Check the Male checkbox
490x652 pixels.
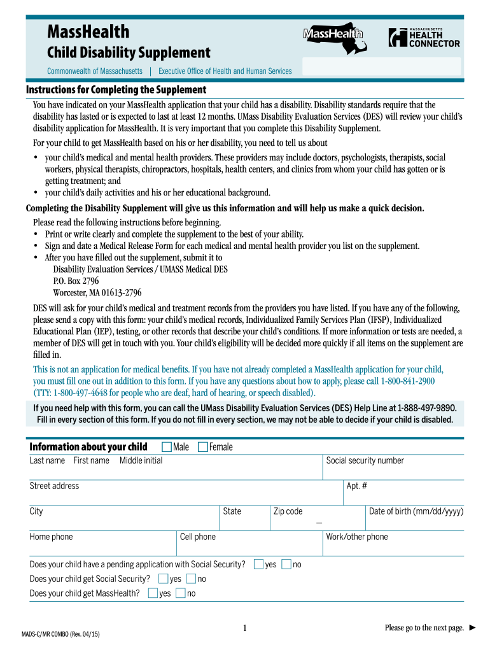tap(167, 447)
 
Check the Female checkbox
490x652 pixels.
tap(203, 447)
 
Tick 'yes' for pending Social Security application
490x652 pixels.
tap(258, 564)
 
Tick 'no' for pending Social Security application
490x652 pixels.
tap(286, 564)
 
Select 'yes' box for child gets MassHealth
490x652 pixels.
tap(153, 593)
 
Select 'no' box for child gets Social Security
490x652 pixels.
tap(191, 579)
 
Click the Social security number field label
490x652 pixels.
tap(365, 460)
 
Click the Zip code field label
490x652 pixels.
tap(288, 511)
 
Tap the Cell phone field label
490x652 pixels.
tap(197, 537)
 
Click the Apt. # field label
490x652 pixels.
tap(356, 486)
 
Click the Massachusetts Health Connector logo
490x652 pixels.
tap(424, 38)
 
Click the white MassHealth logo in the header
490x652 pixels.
tap(333, 34)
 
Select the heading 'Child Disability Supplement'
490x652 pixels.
tap(129, 52)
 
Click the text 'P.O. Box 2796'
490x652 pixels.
tap(76, 281)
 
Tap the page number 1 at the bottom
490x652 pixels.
tap(245, 629)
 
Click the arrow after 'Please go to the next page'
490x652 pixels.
tap(472, 628)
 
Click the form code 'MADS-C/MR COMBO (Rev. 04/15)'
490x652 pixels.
tap(61, 635)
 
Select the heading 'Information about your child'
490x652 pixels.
tap(88, 446)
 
